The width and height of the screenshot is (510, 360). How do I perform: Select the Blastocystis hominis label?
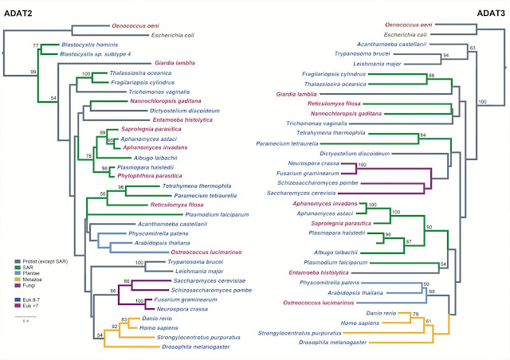click(x=94, y=45)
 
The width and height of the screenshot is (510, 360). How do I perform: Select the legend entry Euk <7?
click(x=34, y=305)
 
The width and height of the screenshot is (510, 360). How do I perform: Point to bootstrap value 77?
click(x=35, y=45)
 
